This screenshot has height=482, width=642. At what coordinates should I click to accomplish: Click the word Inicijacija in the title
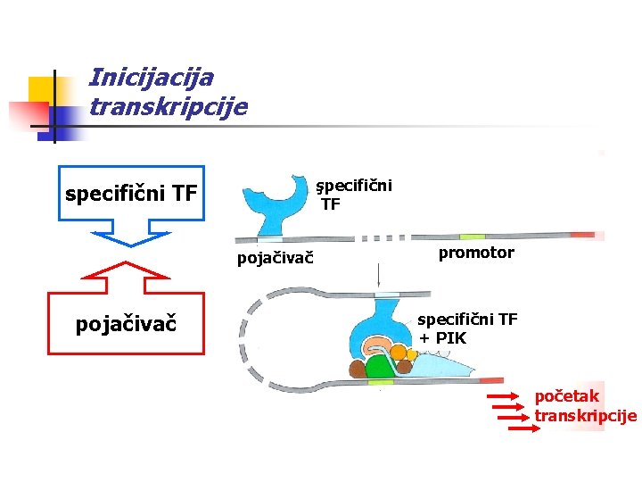152,78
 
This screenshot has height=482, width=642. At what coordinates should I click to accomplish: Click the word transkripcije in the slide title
169,108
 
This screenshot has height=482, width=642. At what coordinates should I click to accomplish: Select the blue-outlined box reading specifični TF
131,193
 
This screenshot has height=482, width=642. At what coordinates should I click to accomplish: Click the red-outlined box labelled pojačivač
126,322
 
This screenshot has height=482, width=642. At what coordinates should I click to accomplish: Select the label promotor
476,253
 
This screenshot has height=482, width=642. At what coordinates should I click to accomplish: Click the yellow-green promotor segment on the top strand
472,237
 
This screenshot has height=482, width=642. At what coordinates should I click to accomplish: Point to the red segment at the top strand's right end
582,236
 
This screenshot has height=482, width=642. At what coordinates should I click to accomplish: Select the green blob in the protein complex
380,366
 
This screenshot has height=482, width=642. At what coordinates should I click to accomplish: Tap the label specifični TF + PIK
467,328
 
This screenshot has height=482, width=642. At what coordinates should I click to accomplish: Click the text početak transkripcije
585,405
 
